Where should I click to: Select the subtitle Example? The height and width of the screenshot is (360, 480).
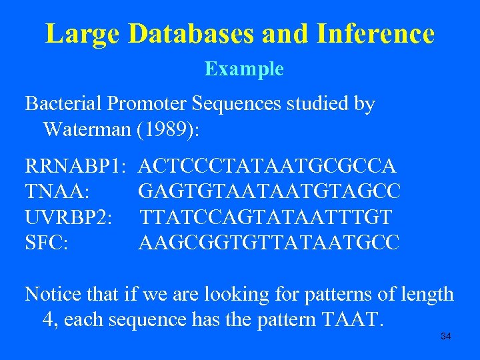coord(244,69)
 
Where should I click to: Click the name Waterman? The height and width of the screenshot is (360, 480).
coord(85,129)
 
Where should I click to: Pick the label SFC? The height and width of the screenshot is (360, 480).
coord(46,243)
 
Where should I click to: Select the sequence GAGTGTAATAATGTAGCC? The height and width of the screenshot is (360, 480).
coord(269,191)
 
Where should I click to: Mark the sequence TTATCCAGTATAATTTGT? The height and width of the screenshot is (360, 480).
coord(266,217)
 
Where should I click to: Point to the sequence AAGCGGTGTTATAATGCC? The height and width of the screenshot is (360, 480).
coord(269,243)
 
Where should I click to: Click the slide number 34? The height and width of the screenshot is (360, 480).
coord(446,337)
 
